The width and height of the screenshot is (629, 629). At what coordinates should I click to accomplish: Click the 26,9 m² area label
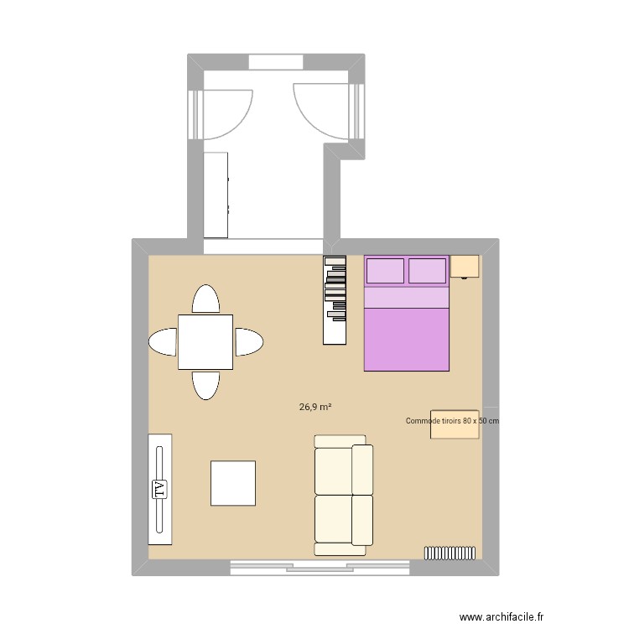(315, 408)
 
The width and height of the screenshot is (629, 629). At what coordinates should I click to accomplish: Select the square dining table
(205, 341)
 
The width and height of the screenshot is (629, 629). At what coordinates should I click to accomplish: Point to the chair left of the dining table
(163, 341)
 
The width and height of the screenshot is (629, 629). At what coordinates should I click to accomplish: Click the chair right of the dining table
(248, 341)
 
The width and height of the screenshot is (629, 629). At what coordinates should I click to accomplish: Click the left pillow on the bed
(385, 271)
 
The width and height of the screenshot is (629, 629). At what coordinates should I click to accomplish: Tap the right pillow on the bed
(428, 271)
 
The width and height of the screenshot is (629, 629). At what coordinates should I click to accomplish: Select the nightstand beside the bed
(465, 267)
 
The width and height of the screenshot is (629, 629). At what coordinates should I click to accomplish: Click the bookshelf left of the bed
(335, 299)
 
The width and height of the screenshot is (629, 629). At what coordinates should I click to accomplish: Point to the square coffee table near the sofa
(233, 483)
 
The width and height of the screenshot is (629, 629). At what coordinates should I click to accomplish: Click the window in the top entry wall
(275, 63)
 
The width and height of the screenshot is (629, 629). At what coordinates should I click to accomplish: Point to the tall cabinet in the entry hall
(216, 195)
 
